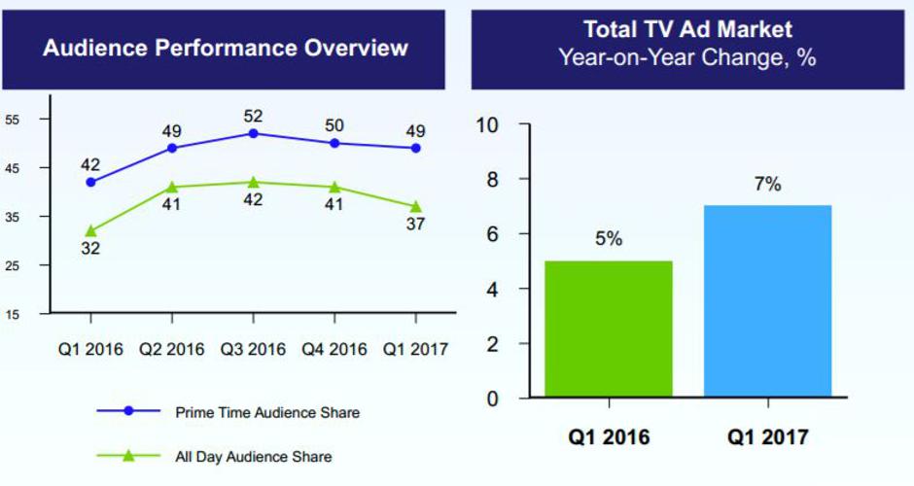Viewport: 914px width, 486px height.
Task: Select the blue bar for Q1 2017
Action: (767, 301)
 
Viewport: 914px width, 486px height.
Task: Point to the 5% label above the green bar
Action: (609, 239)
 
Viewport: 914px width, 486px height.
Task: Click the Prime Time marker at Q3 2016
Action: (253, 133)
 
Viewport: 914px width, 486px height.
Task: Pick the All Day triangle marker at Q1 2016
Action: (90, 231)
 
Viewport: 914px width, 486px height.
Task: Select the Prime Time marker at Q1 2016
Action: (90, 182)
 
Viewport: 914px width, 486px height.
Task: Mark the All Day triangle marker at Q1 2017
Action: (415, 206)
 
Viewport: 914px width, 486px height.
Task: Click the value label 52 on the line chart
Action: (253, 116)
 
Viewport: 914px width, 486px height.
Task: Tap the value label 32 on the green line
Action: (90, 249)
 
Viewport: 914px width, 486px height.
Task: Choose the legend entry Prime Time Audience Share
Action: (267, 412)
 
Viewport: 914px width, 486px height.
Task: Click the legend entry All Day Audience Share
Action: (253, 456)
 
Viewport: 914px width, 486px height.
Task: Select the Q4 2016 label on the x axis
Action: (334, 349)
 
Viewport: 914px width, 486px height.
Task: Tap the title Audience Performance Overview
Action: (226, 49)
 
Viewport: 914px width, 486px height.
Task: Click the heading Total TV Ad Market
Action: (687, 28)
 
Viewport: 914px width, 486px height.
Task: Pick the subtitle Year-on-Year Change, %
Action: (687, 57)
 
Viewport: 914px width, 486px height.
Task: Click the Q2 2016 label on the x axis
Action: (171, 349)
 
